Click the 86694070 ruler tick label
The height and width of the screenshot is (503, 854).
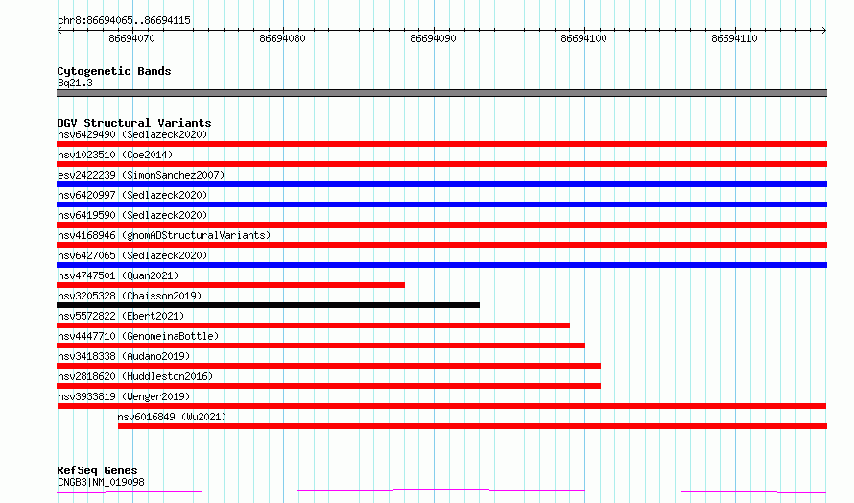click(x=131, y=38)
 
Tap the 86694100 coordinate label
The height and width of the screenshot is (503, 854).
click(x=583, y=38)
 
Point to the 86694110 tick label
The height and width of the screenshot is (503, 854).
click(x=734, y=38)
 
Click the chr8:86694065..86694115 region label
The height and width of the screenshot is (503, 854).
click(x=124, y=21)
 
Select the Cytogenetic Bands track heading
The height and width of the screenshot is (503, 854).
click(x=114, y=71)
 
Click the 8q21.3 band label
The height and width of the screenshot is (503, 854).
click(x=75, y=83)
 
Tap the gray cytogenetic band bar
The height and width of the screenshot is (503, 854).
click(x=441, y=93)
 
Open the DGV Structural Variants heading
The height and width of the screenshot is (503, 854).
click(x=134, y=123)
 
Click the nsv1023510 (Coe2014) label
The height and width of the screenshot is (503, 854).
click(x=115, y=155)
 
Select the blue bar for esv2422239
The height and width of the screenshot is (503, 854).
click(x=441, y=184)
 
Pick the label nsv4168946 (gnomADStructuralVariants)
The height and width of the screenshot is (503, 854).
click(x=164, y=235)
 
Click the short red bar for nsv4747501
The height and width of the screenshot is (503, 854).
click(x=231, y=285)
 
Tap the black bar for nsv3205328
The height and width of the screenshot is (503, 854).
click(x=268, y=305)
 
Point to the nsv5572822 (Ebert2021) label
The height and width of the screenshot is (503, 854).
click(x=121, y=316)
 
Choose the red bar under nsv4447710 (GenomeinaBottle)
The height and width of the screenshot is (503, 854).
click(x=320, y=346)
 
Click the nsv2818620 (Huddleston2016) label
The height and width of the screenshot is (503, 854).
click(x=135, y=376)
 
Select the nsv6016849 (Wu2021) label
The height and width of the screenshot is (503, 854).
click(x=172, y=417)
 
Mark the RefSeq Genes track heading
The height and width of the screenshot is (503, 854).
click(x=98, y=470)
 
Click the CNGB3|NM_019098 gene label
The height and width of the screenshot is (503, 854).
click(x=102, y=482)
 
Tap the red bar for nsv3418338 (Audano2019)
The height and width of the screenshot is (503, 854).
click(x=328, y=366)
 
